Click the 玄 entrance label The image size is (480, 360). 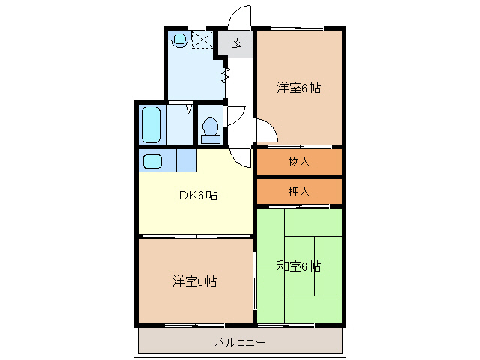237,43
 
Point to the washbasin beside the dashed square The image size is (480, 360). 179,38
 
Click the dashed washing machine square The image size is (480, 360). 202,39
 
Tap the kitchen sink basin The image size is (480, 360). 152,161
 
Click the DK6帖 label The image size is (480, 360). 198,196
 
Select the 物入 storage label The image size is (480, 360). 299,162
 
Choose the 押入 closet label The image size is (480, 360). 299,191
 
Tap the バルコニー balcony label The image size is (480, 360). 240,342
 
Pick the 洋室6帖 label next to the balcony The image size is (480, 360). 195,281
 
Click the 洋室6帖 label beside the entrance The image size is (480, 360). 299,88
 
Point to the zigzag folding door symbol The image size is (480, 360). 225,75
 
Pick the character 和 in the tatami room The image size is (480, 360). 283,265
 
